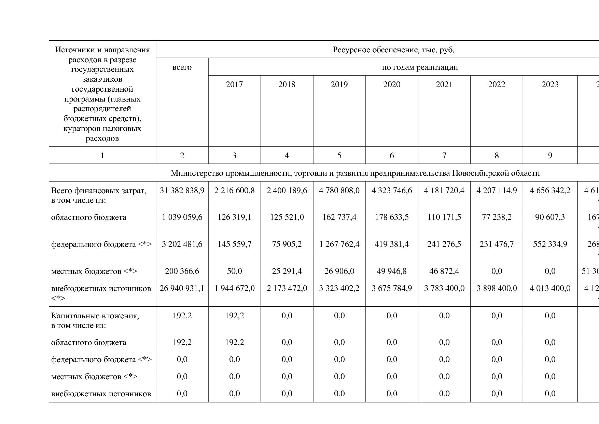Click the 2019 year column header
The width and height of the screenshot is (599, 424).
(339, 84)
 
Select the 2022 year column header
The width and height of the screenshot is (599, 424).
(497, 84)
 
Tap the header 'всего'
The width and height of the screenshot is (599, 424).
(182, 67)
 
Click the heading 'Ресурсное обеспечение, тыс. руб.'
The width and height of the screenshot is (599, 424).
(393, 50)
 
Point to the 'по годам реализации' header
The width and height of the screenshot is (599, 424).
(420, 67)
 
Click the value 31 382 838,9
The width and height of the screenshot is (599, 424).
(182, 190)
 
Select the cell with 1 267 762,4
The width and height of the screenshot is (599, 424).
(339, 244)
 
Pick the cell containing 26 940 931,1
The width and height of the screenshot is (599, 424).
(182, 288)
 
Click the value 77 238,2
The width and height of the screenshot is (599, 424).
(497, 217)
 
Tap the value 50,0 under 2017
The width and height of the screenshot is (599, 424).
(234, 271)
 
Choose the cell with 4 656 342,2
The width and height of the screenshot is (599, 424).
(550, 190)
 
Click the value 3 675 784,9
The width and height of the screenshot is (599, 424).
(392, 288)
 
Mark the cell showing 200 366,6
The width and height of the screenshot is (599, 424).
(182, 271)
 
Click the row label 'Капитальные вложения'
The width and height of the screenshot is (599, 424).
(95, 316)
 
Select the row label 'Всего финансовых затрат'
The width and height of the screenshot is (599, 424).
(98, 190)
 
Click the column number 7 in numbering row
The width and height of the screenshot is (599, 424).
(444, 156)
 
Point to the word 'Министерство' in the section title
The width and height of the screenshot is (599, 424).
(193, 173)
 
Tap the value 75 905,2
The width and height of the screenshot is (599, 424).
(287, 244)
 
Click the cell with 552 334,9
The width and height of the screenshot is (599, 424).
(550, 244)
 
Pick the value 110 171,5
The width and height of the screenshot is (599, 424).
(444, 217)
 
